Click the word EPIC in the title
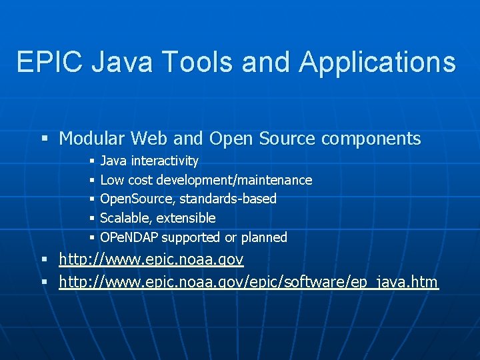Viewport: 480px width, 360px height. (50, 62)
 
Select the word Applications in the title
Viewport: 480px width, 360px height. (377, 62)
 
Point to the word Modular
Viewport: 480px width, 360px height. (92, 139)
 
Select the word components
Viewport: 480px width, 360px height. (371, 139)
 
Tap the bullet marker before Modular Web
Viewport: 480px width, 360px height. (45, 139)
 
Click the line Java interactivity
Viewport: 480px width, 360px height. (149, 161)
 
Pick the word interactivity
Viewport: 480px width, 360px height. (165, 161)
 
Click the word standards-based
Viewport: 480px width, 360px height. (228, 199)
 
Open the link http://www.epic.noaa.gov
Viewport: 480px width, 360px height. (151, 259)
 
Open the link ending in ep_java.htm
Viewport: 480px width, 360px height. (248, 283)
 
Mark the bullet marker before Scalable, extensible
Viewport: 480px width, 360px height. (91, 219)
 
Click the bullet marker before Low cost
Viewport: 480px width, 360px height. (91, 181)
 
